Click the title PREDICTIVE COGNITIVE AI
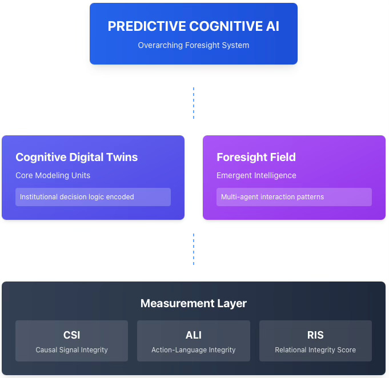click(193, 26)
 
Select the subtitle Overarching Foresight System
click(193, 45)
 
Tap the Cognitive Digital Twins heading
click(77, 157)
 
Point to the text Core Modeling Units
click(53, 175)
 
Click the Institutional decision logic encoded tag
click(77, 197)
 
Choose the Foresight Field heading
click(256, 157)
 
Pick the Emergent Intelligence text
click(256, 175)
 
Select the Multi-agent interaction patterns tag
click(272, 197)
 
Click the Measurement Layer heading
click(194, 303)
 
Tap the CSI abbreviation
click(71, 335)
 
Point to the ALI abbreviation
click(194, 335)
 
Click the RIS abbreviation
click(315, 335)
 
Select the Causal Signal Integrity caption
click(71, 350)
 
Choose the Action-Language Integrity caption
click(194, 350)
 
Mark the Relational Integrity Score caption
click(315, 350)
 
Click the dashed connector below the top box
click(194, 103)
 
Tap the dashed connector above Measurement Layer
click(194, 249)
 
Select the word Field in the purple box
click(282, 157)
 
